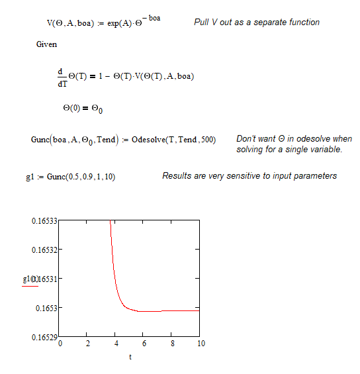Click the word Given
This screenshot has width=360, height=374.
pyautogui.click(x=47, y=44)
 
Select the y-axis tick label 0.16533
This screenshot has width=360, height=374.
pyautogui.click(x=44, y=220)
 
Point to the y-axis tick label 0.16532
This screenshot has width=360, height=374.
pyautogui.click(x=44, y=250)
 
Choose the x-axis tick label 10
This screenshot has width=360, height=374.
pyautogui.click(x=201, y=344)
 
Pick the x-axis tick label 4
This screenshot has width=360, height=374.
pyautogui.click(x=116, y=344)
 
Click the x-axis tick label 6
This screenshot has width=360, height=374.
pyautogui.click(x=144, y=344)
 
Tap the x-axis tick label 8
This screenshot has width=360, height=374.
pyautogui.click(x=173, y=344)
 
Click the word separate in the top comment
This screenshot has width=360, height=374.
pyautogui.click(x=265, y=23)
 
